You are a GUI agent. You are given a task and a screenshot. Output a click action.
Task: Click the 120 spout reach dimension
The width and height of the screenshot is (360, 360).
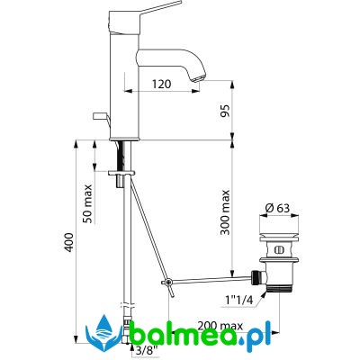161,84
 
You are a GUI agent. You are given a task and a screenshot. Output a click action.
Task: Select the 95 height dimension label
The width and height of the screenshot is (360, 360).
226,111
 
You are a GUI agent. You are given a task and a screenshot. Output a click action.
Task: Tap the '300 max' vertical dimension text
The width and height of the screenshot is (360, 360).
224,212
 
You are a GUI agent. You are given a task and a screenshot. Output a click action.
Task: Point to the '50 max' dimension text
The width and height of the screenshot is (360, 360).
87,203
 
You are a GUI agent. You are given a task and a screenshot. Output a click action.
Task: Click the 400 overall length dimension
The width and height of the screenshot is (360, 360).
68,242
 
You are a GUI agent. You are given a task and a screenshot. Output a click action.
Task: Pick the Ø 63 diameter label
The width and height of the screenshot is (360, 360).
279,208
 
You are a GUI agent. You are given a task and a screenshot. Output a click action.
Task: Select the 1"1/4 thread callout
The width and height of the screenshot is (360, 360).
238,301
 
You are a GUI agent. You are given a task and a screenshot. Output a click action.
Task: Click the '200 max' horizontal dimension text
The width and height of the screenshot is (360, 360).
220,326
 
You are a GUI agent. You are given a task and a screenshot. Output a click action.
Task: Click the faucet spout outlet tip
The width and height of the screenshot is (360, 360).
198,79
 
